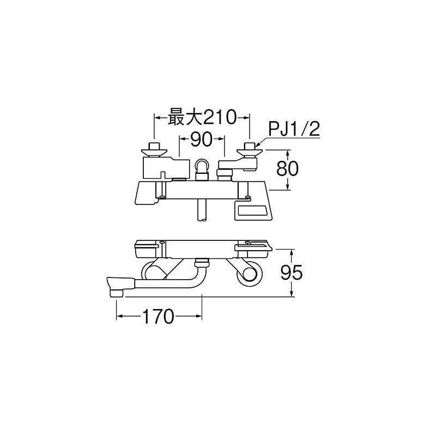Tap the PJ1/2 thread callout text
(x=294, y=129)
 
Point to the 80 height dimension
(x=287, y=168)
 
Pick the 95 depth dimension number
(x=291, y=272)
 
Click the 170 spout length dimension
(x=158, y=316)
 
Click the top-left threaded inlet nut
(x=154, y=146)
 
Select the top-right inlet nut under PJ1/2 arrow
(x=249, y=146)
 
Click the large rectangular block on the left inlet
(x=164, y=168)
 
